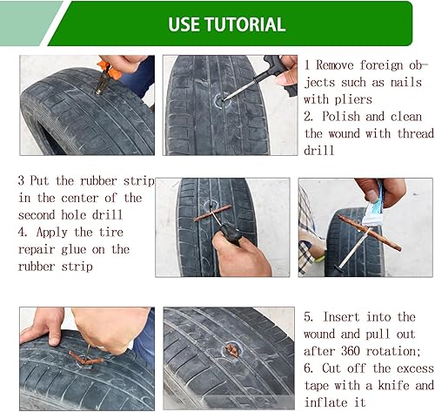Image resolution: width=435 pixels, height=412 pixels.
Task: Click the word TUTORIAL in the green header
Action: [x=245, y=24]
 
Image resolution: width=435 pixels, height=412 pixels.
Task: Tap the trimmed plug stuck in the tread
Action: [x=231, y=350]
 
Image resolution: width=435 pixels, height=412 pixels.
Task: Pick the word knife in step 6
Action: [x=392, y=384]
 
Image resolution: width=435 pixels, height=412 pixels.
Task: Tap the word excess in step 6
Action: [x=393, y=368]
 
